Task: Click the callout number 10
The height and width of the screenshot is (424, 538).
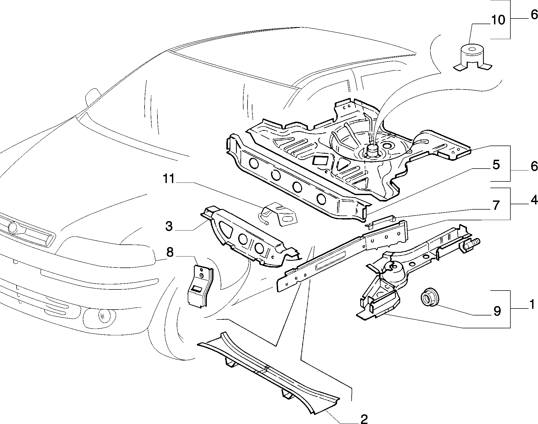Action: pos(498,20)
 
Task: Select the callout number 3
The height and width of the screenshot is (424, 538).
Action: pos(169,226)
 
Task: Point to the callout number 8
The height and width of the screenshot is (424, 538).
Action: pos(170,253)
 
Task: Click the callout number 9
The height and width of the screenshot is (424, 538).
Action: pos(497,311)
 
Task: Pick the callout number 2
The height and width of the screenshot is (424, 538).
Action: pos(364,419)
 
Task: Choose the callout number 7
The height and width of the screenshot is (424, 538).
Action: pos(496,206)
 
